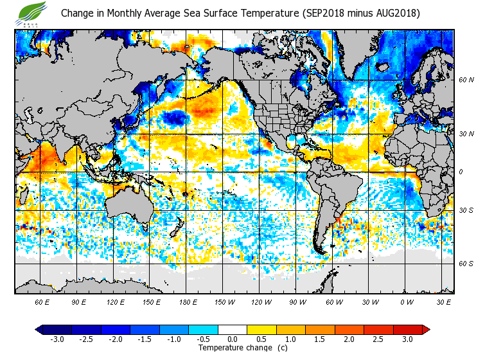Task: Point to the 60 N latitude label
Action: tap(466, 80)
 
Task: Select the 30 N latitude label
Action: tap(466, 134)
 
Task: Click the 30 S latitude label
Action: tap(466, 210)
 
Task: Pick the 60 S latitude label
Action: tap(466, 264)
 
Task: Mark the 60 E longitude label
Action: tap(42, 301)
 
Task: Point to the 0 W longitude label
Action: tap(406, 301)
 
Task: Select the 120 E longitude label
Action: tap(115, 301)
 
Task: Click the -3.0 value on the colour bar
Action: tap(57, 339)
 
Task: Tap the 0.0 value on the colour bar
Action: tap(233, 339)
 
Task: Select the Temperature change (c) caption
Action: tap(233, 348)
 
